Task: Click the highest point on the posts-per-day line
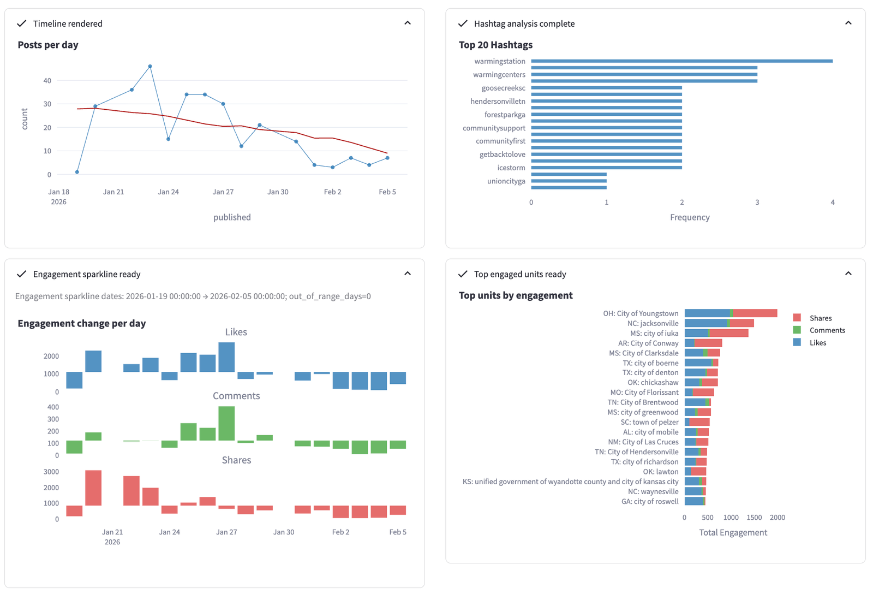coord(150,67)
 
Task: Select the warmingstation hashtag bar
coord(681,61)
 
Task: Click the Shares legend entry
coord(820,318)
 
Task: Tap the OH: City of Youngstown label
coord(641,313)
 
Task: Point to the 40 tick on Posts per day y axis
coord(47,81)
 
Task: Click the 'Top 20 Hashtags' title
coord(495,45)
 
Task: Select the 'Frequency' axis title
coord(690,217)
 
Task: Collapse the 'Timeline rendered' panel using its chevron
coord(408,23)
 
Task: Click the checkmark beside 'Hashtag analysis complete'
coord(463,23)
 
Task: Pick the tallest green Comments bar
coord(226,423)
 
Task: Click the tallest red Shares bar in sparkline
coord(93,488)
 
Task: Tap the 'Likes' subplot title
coord(236,332)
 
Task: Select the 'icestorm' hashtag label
coord(511,168)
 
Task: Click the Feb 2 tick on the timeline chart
coord(332,192)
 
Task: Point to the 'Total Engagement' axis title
coord(733,532)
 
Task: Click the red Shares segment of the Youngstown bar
coord(755,313)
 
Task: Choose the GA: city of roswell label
coord(650,501)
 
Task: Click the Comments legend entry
coord(827,330)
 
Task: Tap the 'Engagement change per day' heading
coord(82,323)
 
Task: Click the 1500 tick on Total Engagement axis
coord(754,518)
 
